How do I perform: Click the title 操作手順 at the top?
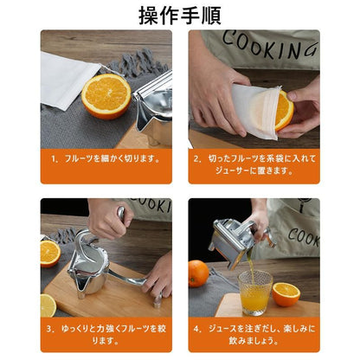(180, 15)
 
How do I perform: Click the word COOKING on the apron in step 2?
(260, 43)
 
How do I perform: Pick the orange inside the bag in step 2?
(282, 112)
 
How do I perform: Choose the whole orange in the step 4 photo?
(199, 273)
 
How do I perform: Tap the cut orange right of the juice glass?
(285, 294)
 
